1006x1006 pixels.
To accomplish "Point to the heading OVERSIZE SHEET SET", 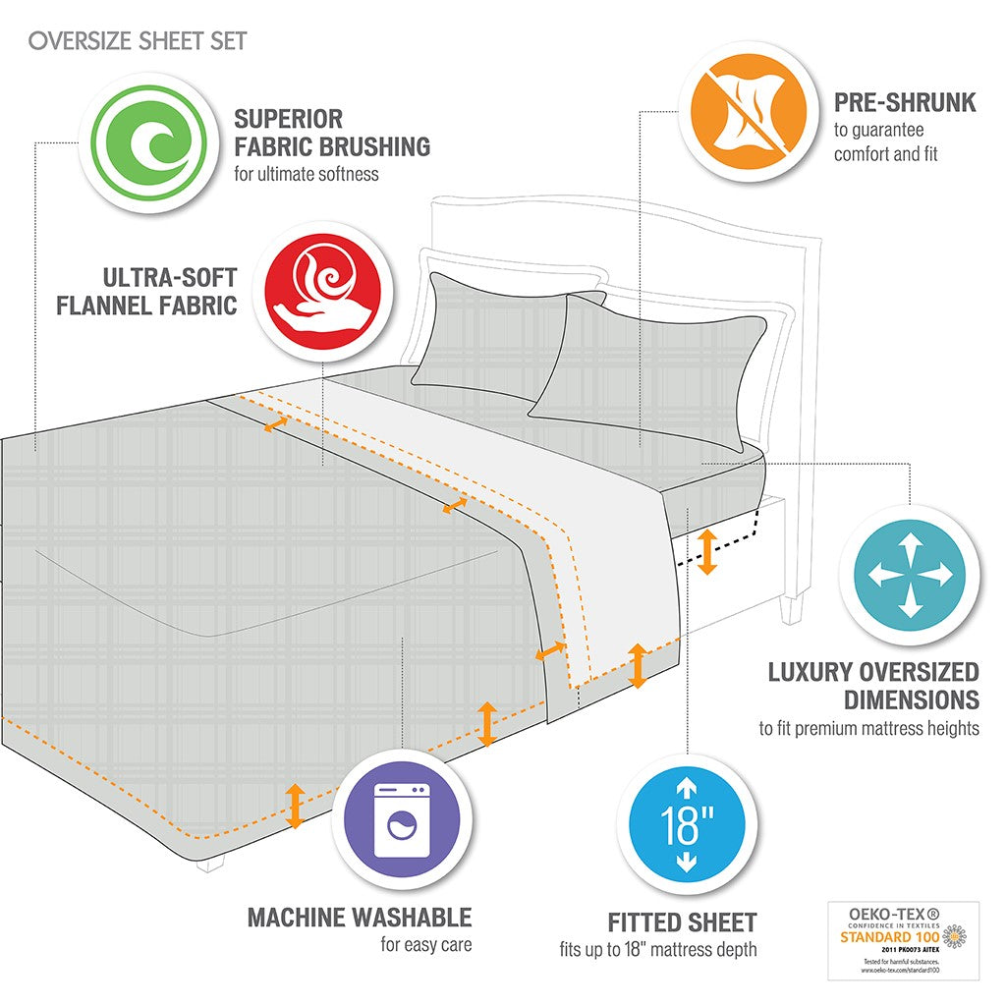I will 138,41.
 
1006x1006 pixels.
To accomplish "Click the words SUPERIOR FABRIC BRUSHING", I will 331,134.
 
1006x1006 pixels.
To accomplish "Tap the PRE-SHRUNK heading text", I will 905,102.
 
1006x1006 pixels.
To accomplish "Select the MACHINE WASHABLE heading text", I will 359,918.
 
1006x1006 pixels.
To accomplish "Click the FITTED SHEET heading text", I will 682,922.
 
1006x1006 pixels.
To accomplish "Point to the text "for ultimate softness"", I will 306,174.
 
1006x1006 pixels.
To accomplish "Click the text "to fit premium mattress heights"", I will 868,728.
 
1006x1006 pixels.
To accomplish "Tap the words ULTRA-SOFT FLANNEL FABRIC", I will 146,291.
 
